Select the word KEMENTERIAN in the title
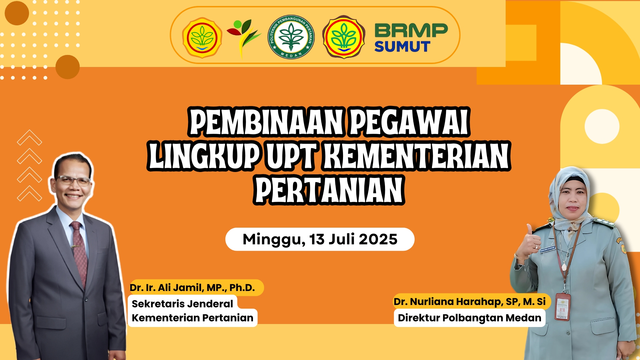point(417,156)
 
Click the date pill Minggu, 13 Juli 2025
point(320,239)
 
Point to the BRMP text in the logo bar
point(411,31)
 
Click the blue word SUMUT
point(402,47)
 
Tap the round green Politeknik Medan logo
point(291,37)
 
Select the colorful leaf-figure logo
point(243,37)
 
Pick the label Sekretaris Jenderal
point(182,304)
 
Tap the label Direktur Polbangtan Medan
point(469,318)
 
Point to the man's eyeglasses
point(73,181)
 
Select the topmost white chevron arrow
point(29,137)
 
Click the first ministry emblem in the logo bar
point(202,38)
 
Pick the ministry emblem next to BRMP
point(344,37)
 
